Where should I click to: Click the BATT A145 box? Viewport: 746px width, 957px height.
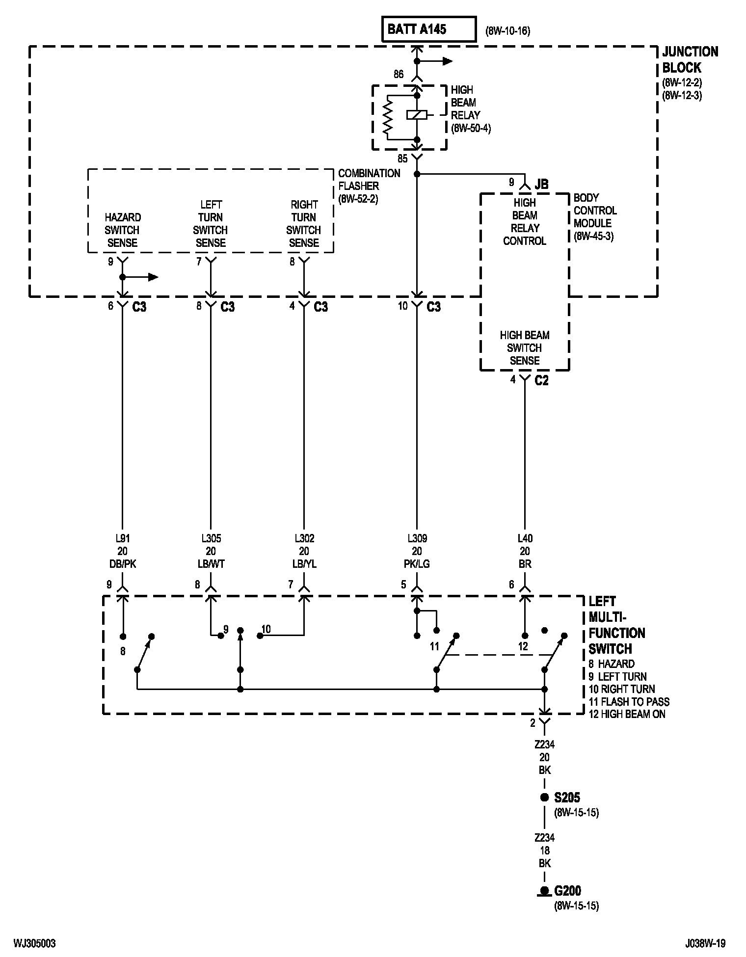coord(429,29)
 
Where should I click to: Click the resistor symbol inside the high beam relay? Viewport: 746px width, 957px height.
coord(388,117)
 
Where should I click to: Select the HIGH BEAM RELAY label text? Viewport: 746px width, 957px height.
coord(471,109)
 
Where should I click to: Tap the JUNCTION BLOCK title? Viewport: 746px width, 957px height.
coord(690,59)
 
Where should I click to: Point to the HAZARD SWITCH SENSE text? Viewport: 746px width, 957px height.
coord(122,230)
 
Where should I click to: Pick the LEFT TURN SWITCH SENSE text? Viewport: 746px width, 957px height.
coord(211,223)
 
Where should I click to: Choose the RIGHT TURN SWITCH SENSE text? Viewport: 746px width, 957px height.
coord(304,223)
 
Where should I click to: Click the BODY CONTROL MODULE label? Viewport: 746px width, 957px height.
coord(595,217)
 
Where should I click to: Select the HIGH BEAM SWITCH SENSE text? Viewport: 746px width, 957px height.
coord(525,347)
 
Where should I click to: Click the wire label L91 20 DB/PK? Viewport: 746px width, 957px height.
coord(122,551)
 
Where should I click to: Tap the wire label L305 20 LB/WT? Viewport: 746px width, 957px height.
coord(211,551)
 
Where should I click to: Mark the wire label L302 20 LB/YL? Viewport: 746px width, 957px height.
coord(304,551)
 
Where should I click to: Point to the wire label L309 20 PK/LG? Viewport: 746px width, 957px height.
coord(417,551)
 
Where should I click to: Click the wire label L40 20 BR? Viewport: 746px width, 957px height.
coord(525,551)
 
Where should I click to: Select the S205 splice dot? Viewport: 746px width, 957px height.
coord(544,797)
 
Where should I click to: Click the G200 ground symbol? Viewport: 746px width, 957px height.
coord(544,891)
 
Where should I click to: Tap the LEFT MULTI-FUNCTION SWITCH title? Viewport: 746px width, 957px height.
coord(617,625)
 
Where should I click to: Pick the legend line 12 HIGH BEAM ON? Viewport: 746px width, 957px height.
coord(627,714)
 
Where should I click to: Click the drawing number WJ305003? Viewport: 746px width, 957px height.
coord(34,943)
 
